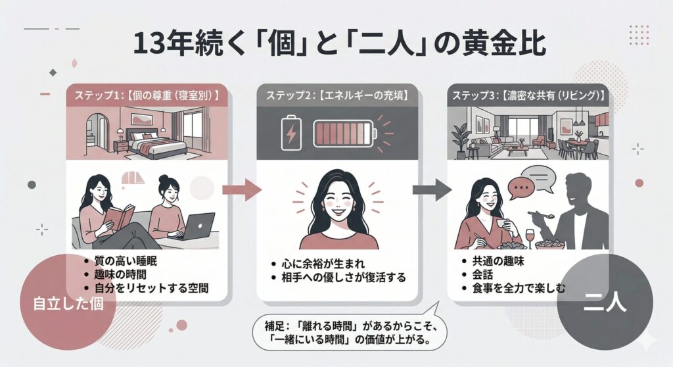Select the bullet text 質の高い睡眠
125,262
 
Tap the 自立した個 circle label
66,305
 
